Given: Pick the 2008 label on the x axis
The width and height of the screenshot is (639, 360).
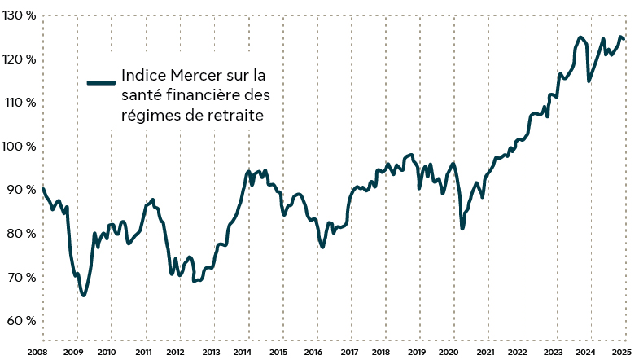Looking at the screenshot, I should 37,352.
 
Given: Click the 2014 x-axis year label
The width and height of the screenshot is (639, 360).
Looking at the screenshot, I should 242,352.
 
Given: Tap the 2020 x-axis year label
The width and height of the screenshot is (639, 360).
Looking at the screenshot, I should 448,352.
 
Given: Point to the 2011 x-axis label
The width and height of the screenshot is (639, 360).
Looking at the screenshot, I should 142,352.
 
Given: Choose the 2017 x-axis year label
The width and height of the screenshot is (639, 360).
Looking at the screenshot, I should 348,352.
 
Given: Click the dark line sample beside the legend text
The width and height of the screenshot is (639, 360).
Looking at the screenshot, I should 102,82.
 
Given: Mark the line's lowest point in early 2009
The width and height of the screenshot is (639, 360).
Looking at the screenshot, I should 83,295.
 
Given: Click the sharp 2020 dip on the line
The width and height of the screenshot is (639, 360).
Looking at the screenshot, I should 462,228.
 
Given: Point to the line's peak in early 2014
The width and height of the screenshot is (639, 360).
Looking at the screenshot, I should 248,172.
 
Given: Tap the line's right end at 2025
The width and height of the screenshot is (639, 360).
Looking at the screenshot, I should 624,39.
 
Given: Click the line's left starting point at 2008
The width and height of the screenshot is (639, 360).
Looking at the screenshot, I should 42,189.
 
